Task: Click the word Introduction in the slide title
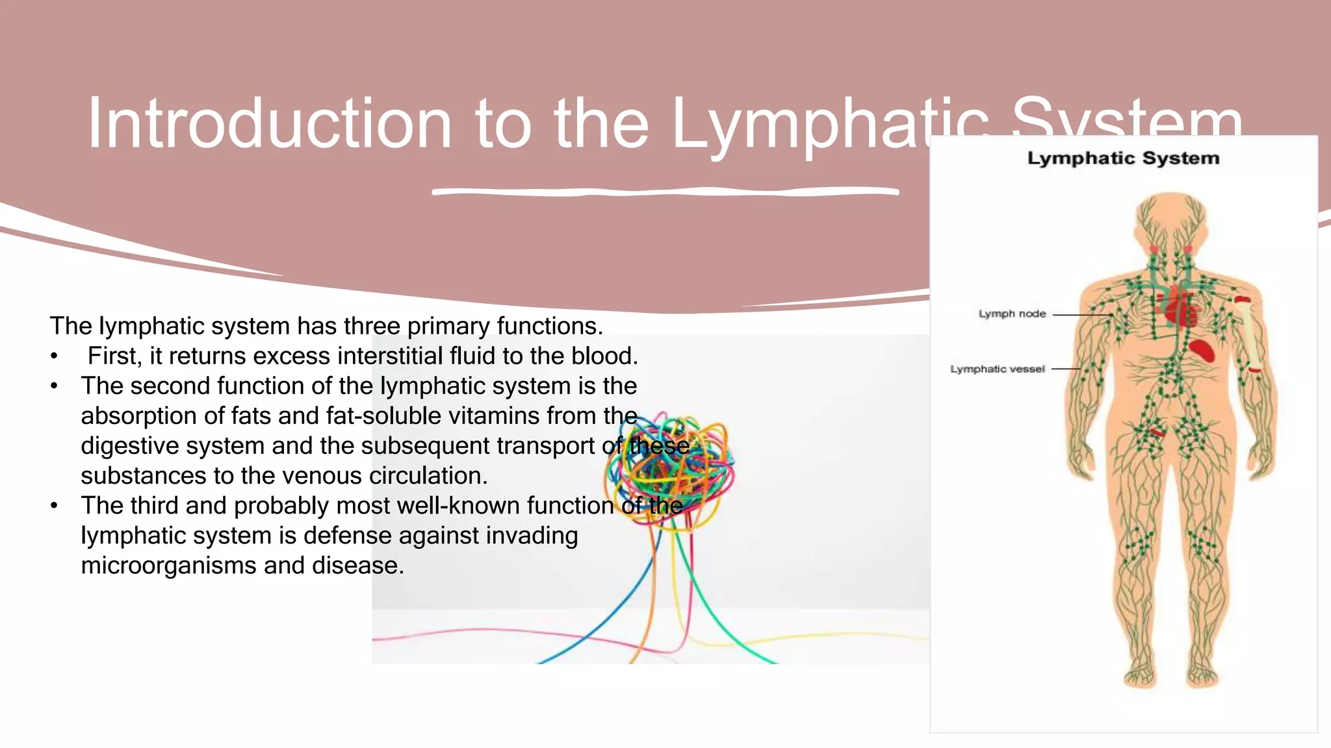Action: coord(269,123)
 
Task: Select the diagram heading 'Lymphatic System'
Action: coord(1123,158)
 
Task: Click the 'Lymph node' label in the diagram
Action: coord(1012,314)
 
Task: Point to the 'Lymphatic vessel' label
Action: coord(998,369)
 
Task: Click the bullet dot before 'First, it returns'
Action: coord(55,356)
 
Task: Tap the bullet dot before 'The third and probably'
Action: coord(55,506)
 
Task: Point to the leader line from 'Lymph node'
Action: coord(1082,315)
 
